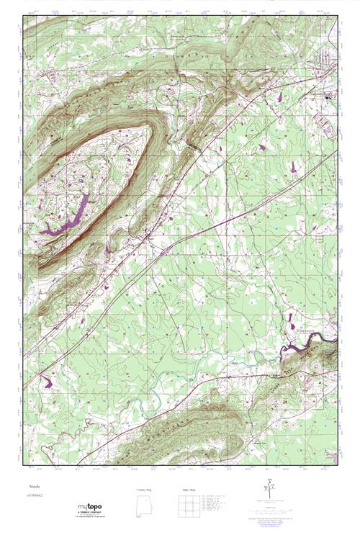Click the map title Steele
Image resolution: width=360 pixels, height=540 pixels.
point(33,487)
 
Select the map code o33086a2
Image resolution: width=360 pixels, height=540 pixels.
point(37,496)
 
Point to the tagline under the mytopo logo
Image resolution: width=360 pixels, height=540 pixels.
point(91,517)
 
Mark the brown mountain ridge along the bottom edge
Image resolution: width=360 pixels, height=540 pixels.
point(180,432)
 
